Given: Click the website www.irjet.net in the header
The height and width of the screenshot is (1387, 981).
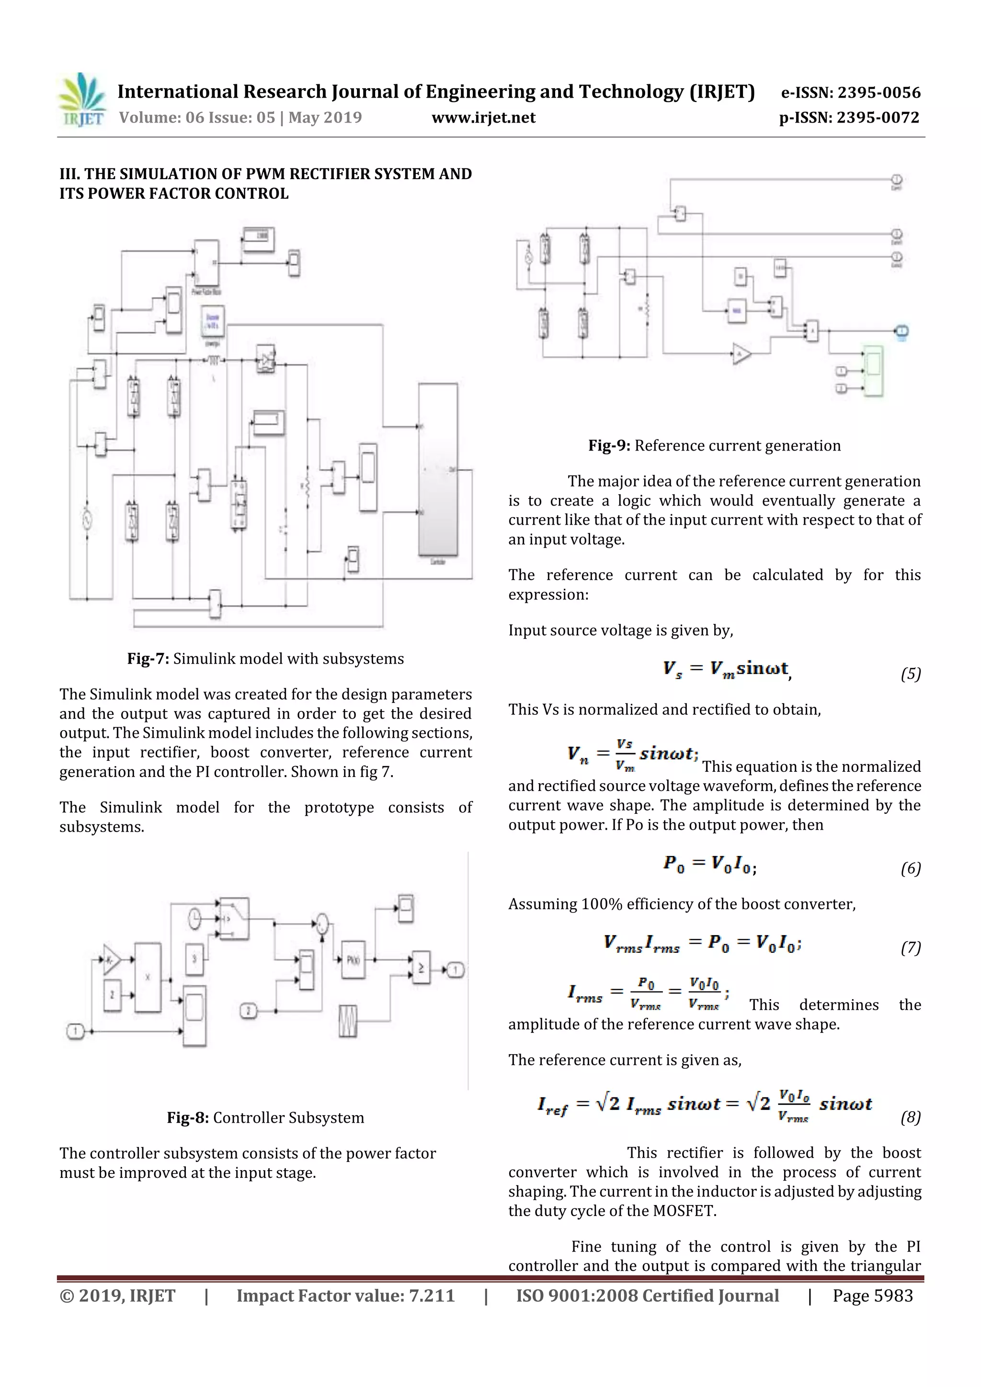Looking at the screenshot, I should (483, 118).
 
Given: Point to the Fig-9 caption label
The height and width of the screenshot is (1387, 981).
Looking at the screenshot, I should (609, 446).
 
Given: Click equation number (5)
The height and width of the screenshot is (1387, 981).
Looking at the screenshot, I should (910, 674).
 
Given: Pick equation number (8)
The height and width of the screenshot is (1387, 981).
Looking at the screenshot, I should (910, 1117).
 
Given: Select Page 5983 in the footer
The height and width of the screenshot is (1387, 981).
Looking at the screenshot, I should (872, 1296).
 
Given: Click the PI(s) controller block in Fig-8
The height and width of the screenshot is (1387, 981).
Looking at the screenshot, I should (353, 960).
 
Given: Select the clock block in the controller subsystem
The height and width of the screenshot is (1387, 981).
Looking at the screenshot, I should (194, 918).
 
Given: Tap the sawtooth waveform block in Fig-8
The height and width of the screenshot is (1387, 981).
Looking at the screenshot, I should (348, 1021).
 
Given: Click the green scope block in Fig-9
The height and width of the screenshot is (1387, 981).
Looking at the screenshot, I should (872, 371).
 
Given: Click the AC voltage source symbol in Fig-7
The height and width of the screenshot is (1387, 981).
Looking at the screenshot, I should (87, 519).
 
